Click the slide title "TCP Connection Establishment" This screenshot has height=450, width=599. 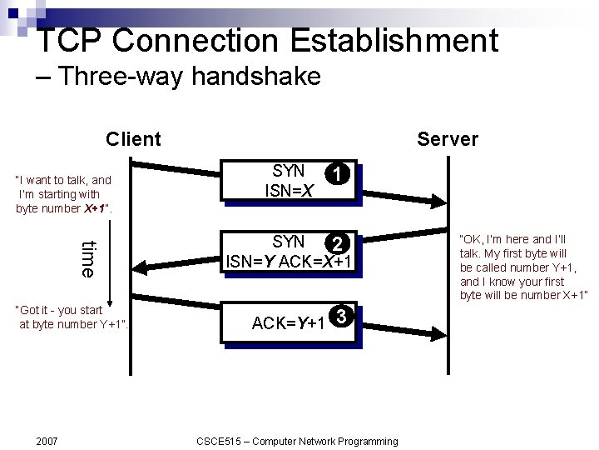point(268,40)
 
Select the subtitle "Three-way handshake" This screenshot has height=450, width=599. point(190,77)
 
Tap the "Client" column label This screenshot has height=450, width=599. point(133,139)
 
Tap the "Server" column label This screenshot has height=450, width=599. point(448,139)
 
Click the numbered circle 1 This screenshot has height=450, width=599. point(336,174)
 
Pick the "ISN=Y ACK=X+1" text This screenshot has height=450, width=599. point(290,262)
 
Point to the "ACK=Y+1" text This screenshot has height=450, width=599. point(288,323)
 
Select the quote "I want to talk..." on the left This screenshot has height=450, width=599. point(63,194)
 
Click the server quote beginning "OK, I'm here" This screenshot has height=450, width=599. point(523,267)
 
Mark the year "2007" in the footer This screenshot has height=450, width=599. point(47,441)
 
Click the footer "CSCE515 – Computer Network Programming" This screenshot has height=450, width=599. point(297,441)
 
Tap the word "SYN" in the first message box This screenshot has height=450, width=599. point(289,171)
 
